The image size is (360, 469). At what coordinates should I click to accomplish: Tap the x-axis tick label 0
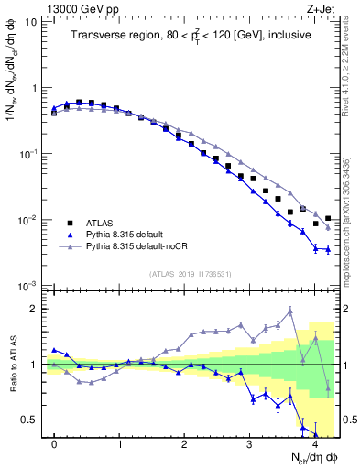pos(55,444)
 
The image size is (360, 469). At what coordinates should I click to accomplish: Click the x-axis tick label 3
pos(250,444)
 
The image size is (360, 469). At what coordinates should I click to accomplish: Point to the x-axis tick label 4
pos(315,444)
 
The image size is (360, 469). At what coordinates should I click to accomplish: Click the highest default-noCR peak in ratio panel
pos(290,311)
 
